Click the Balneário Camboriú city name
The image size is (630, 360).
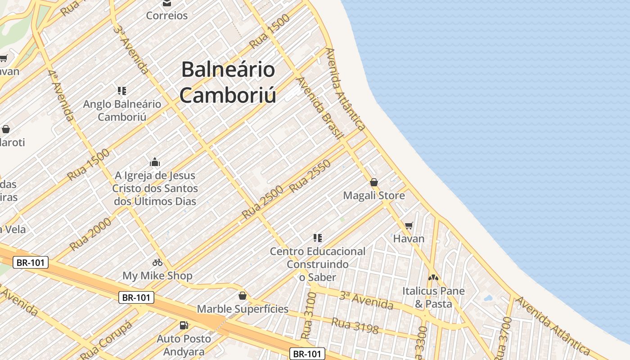228,82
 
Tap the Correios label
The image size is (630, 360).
167,16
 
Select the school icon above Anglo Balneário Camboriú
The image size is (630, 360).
121,91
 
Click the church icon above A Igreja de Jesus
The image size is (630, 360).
155,162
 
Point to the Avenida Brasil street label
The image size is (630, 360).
320,108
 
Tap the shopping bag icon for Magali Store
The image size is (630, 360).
373,182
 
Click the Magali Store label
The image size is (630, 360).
374,196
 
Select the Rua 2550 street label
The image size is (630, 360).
310,176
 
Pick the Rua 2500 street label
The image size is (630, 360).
262,202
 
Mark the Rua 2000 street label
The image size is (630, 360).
90,234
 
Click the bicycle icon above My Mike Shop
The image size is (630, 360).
157,262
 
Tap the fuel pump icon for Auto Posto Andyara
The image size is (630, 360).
184,325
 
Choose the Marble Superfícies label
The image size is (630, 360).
243,309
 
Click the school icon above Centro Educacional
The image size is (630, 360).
318,238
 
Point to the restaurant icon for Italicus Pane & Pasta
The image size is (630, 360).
433,278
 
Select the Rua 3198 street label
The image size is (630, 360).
355,325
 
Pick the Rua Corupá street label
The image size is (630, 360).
107,337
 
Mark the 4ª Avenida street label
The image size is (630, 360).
61,95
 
